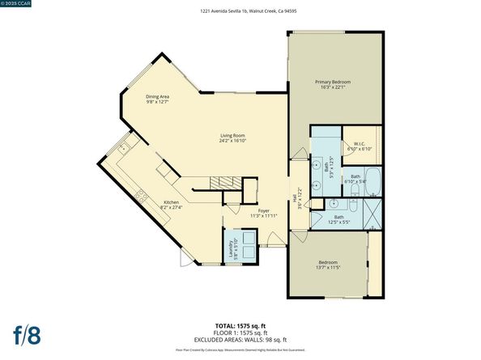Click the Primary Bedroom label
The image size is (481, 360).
pyautogui.click(x=334, y=85)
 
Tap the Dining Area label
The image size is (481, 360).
pyautogui.click(x=157, y=99)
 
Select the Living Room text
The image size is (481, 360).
pyautogui.click(x=233, y=138)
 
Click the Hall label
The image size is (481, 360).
pyautogui.click(x=294, y=197)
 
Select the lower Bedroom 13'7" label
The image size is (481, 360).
pyautogui.click(x=328, y=265)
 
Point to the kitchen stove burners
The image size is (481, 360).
pyautogui.click(x=142, y=193)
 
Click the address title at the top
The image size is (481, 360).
pyautogui.click(x=240, y=11)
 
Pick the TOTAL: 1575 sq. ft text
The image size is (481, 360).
pyautogui.click(x=240, y=324)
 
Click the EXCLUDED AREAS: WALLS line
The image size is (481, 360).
pyautogui.click(x=240, y=339)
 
